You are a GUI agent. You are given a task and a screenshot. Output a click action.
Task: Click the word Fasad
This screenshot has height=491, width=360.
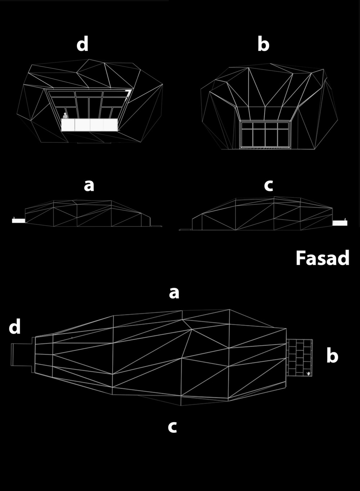(322, 258)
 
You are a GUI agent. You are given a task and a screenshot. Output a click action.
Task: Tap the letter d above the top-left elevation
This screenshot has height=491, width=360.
(82, 44)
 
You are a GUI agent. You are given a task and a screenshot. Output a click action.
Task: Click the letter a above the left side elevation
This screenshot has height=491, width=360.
(89, 185)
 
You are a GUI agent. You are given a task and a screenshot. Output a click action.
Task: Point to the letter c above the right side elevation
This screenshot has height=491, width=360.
(269, 185)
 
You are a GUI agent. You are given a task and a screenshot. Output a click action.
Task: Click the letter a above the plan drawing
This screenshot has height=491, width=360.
(174, 293)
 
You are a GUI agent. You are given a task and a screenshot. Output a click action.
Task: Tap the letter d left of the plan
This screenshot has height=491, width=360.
(15, 326)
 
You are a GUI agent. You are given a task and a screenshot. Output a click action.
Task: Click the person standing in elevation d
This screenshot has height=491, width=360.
(65, 116)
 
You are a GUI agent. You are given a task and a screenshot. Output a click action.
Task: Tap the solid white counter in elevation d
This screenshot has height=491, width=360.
(89, 125)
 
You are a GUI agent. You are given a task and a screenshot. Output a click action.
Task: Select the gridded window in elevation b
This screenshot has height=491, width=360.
(265, 134)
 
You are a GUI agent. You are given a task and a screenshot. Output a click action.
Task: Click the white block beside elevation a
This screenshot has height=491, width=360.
(19, 221)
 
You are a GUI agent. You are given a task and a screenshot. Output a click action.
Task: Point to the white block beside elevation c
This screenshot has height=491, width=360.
(340, 223)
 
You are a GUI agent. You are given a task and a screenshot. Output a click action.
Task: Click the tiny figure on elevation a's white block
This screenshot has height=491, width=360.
(14, 217)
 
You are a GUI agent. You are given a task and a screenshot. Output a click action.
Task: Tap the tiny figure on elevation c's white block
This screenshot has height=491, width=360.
(346, 220)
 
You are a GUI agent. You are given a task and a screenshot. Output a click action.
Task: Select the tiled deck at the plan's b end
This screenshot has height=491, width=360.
(300, 358)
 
